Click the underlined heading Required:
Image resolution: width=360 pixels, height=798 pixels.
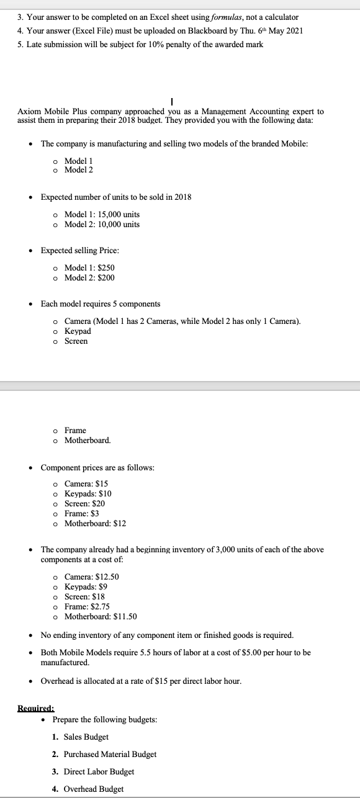(35, 707)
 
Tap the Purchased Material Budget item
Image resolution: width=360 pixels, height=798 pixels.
(110, 754)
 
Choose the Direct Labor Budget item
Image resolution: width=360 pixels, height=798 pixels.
(99, 771)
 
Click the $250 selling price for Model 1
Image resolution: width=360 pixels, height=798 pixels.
(106, 267)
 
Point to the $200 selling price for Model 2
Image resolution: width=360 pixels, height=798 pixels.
(106, 277)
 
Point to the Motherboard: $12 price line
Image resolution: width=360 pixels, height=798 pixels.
(95, 523)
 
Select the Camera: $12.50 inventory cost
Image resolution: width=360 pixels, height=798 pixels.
(92, 576)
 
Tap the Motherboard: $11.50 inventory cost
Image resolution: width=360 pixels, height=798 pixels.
(100, 616)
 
